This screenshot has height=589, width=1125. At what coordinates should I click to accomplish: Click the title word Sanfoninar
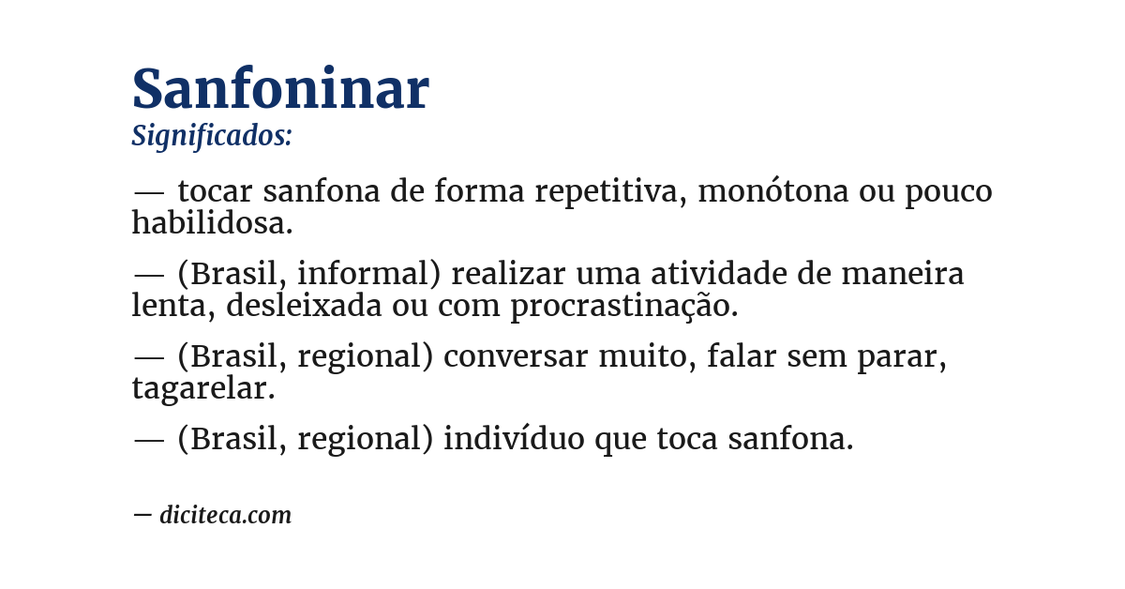tap(280, 89)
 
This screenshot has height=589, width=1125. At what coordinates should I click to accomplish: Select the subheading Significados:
tap(212, 136)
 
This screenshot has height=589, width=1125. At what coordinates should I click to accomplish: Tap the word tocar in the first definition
tap(215, 191)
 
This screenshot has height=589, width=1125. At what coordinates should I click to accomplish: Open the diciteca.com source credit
tap(225, 515)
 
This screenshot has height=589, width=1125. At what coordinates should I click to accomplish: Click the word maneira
tap(903, 274)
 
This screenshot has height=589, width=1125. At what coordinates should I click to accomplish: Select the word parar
tap(902, 356)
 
